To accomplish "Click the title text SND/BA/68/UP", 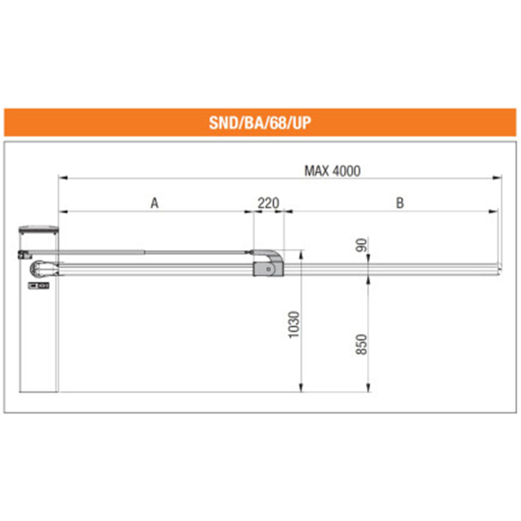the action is coord(260,122).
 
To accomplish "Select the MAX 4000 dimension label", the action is coord(332,171).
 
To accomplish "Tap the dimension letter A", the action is coord(154,203).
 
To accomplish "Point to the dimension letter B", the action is coord(400,203).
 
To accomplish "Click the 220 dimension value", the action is coord(268,203).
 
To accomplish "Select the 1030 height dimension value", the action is coord(294,324).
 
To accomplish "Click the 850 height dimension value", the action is coord(362,345).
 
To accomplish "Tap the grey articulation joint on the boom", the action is coord(268,264).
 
